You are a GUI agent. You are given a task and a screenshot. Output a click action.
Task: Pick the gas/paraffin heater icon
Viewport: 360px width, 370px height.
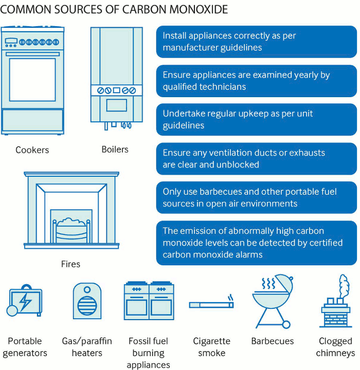tap(86, 301)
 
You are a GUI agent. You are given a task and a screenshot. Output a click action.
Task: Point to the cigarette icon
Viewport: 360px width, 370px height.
tap(211, 304)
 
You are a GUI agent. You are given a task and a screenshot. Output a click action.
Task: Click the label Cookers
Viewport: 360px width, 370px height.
tap(32, 150)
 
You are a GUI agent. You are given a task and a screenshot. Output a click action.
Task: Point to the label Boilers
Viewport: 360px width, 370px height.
tap(115, 149)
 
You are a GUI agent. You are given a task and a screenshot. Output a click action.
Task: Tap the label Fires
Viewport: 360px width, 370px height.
tap(70, 264)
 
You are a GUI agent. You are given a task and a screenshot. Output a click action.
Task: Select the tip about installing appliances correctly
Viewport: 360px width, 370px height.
tap(256, 42)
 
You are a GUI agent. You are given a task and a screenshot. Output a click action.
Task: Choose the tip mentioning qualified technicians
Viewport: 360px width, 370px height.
tap(256, 81)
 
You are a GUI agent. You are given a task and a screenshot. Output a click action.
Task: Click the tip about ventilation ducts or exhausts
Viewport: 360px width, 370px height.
tap(256, 159)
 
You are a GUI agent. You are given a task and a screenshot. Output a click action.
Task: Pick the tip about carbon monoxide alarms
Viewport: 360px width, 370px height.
tap(256, 243)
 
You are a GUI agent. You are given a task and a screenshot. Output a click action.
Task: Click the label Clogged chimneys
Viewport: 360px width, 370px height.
tap(335, 347)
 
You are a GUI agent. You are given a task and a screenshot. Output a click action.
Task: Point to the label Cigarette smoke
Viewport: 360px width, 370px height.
tap(211, 347)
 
